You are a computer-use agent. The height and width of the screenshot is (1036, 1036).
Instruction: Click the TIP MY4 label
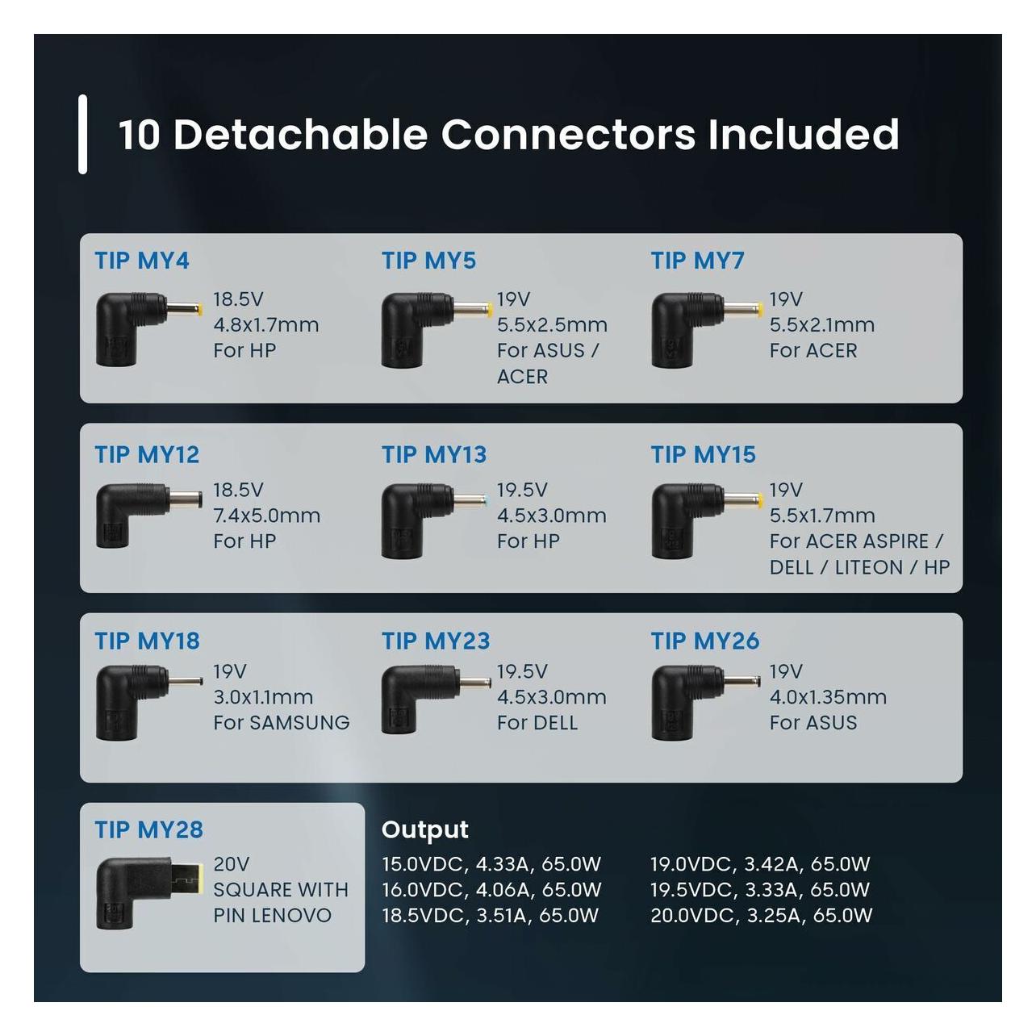[x=142, y=261]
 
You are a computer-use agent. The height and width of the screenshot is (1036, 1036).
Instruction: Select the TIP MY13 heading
[x=434, y=455]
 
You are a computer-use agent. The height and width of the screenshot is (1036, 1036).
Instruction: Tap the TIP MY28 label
[x=149, y=829]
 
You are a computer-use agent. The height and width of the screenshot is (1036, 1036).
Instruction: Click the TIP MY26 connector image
[x=705, y=702]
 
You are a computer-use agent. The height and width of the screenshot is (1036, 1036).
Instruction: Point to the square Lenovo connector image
[x=150, y=893]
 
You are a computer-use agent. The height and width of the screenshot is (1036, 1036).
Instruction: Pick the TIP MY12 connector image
[x=149, y=516]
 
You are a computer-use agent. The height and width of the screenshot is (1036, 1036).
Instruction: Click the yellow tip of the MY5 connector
[x=489, y=310]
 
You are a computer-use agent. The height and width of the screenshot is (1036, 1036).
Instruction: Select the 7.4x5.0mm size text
[x=266, y=516]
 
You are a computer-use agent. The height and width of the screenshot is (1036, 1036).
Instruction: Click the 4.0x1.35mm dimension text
[x=828, y=697]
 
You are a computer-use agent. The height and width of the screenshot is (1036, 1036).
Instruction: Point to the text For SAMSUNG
[x=281, y=723]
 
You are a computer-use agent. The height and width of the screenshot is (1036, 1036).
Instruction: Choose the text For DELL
[x=537, y=723]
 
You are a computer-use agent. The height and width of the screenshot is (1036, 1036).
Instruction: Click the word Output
[x=424, y=830]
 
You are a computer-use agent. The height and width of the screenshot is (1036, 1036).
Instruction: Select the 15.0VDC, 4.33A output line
[x=491, y=864]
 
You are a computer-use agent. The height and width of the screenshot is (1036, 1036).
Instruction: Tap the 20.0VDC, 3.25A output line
[x=762, y=915]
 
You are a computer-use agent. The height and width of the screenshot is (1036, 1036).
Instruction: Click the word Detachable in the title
[x=300, y=134]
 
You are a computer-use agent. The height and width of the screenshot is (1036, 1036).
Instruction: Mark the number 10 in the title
[x=140, y=135]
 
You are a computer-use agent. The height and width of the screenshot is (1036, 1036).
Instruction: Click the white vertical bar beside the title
[x=83, y=135]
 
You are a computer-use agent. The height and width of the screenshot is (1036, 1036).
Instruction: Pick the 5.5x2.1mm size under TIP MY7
[x=822, y=324]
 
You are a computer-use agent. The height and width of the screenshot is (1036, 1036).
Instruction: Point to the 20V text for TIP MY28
[x=232, y=864]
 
